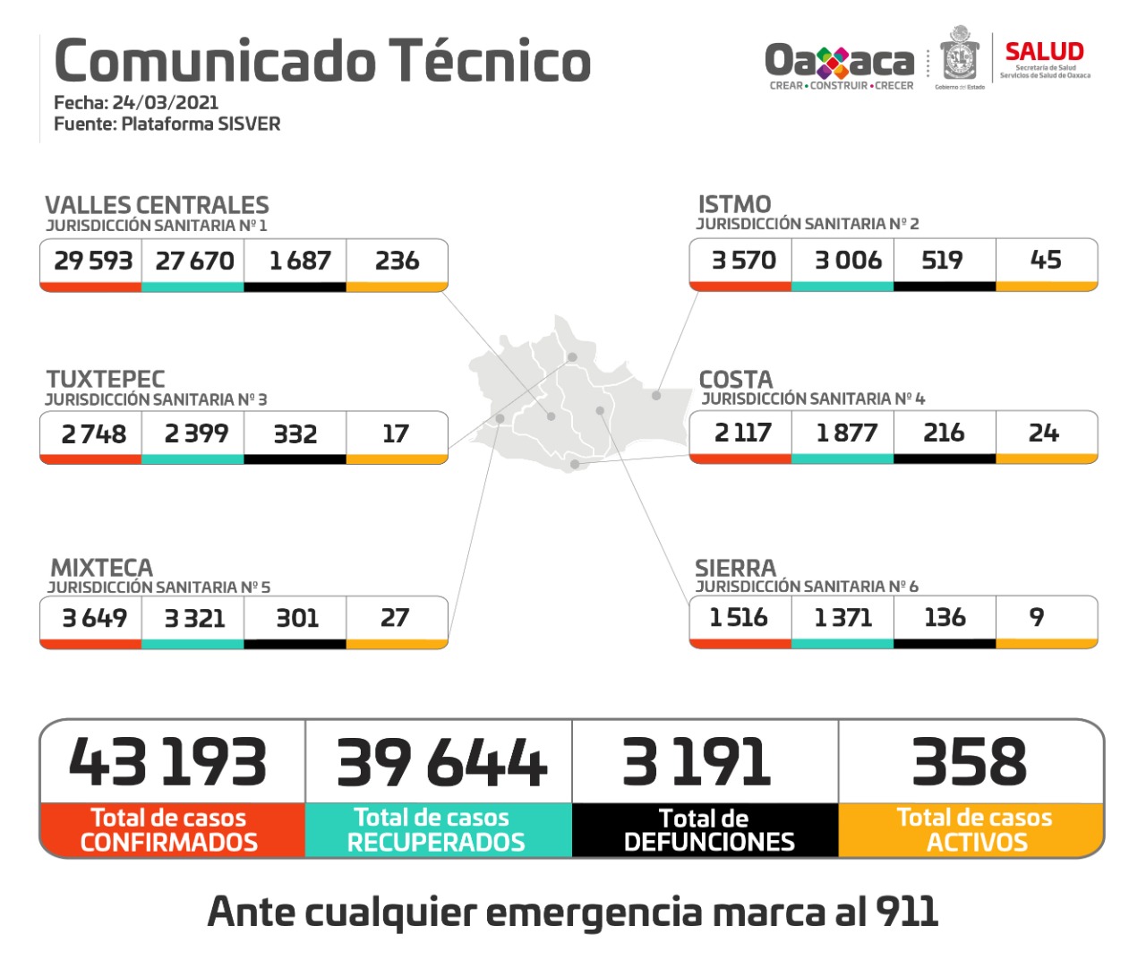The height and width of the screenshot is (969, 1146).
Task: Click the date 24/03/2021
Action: click(x=165, y=102)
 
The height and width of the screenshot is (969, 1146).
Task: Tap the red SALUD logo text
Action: click(x=1044, y=52)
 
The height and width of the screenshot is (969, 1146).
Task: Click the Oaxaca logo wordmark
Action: click(x=839, y=61)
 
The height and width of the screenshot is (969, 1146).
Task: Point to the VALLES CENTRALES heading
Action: click(x=157, y=205)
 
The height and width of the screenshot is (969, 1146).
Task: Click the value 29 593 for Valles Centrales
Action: click(x=92, y=261)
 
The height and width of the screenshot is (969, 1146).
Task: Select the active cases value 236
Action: click(x=397, y=261)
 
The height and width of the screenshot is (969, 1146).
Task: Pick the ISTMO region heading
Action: click(x=734, y=204)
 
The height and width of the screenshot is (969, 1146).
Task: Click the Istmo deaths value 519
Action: click(x=942, y=260)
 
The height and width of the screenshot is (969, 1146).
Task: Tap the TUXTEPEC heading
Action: click(x=106, y=379)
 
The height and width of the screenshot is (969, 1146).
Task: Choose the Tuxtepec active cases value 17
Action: click(x=396, y=433)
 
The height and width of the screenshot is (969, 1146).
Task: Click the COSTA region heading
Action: click(x=735, y=379)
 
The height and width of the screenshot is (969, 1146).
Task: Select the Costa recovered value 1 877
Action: click(x=846, y=433)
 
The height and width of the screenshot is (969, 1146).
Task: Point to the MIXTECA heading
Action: click(x=102, y=568)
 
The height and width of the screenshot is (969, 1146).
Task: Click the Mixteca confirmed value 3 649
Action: click(x=94, y=618)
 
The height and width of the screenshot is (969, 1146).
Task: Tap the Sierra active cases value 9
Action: click(x=1037, y=617)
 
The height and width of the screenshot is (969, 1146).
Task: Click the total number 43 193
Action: click(x=168, y=763)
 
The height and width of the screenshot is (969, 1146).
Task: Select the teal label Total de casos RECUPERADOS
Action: click(x=437, y=830)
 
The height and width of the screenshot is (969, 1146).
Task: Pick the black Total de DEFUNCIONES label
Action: click(x=707, y=830)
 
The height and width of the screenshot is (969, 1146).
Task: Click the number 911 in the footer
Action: click(x=907, y=912)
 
